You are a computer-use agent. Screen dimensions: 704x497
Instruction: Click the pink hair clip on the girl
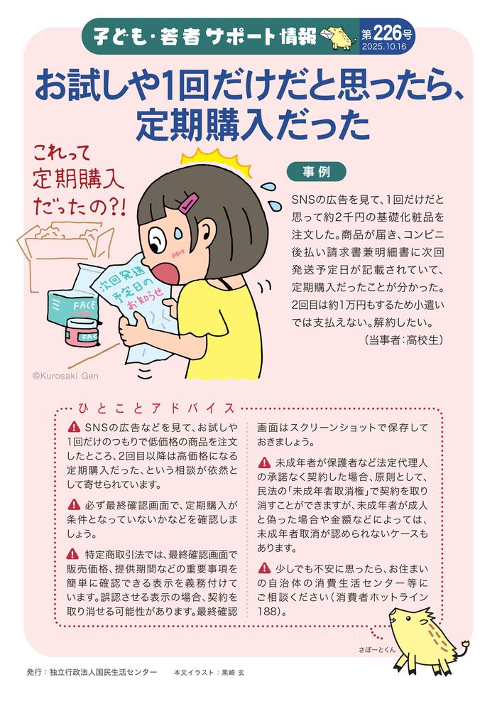pyautogui.click(x=190, y=203)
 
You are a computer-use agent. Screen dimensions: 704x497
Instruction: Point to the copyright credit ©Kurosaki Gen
pyautogui.click(x=65, y=377)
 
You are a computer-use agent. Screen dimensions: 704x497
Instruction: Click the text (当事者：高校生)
pyautogui.click(x=403, y=340)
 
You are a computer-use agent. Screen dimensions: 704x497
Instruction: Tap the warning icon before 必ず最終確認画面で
pyautogui.click(x=74, y=504)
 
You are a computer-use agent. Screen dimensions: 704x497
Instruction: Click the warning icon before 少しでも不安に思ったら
pyautogui.click(x=265, y=568)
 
